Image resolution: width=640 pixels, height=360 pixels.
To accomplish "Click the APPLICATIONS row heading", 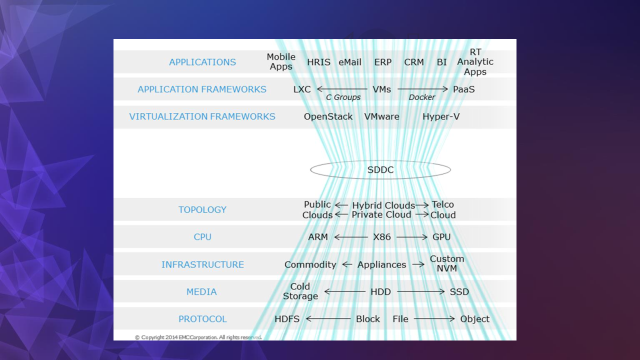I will pos(202,62).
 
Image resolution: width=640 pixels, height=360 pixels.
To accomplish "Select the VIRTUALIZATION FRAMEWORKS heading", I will pos(202,116).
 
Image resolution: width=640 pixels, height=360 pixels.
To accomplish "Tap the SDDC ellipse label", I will pos(380,170).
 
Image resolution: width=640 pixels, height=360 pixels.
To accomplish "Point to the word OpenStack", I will pos(328,116).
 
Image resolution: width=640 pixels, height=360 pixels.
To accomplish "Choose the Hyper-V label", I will pos(441,116).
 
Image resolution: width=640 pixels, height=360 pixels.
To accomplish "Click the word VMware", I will pos(381,116).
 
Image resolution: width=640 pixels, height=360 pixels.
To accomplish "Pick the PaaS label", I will pos(463,89).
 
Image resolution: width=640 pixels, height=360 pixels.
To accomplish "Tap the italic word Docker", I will pos(422,97).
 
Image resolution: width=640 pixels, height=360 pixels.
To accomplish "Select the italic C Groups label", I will pos(343,97).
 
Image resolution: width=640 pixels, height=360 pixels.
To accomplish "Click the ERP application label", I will pos(383,62).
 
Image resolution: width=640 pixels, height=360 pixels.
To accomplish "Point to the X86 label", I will pos(382,237).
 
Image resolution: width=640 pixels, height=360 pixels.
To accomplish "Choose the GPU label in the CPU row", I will pos(441,237).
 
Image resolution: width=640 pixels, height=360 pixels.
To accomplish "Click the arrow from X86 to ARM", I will pos(350,237).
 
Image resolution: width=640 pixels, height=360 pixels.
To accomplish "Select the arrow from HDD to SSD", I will pos(420,291).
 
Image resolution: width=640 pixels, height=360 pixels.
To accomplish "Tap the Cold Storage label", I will pos(300,291).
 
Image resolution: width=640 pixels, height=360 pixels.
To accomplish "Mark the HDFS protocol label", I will pos(287,319).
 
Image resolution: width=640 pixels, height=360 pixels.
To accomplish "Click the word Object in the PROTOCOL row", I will pos(475,319).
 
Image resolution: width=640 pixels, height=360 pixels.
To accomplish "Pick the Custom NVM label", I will pos(447,263).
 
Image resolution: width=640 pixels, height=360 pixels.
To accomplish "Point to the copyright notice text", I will pos(198,337).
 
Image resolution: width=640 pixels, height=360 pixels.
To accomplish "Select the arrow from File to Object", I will pos(434,319).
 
